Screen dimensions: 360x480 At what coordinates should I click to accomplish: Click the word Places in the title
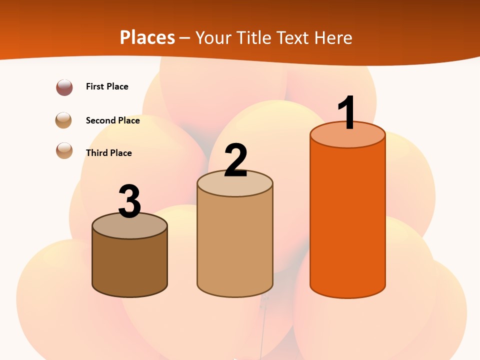pyautogui.click(x=147, y=37)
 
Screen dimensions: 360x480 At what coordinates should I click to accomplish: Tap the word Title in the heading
pyautogui.click(x=252, y=37)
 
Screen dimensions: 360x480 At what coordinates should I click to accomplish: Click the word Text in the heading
pyautogui.click(x=293, y=37)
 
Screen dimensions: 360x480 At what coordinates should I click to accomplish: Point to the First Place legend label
pyautogui.click(x=107, y=86)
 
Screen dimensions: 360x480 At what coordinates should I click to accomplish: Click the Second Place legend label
pyautogui.click(x=112, y=120)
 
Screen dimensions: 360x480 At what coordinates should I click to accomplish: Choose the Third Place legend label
pyautogui.click(x=108, y=153)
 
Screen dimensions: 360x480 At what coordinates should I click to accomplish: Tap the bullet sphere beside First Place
pyautogui.click(x=64, y=87)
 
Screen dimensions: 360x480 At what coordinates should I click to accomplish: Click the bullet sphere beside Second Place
pyautogui.click(x=64, y=120)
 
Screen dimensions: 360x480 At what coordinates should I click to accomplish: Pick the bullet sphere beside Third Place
pyautogui.click(x=64, y=150)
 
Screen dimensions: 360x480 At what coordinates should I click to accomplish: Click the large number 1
pyautogui.click(x=347, y=112)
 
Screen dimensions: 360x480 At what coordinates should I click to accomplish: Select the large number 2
pyautogui.click(x=235, y=161)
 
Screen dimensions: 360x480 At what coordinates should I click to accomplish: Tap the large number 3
pyautogui.click(x=129, y=202)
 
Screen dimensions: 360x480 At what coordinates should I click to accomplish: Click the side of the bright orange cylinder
pyautogui.click(x=347, y=220)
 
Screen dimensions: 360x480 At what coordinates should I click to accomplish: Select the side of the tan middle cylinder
pyautogui.click(x=235, y=245)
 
